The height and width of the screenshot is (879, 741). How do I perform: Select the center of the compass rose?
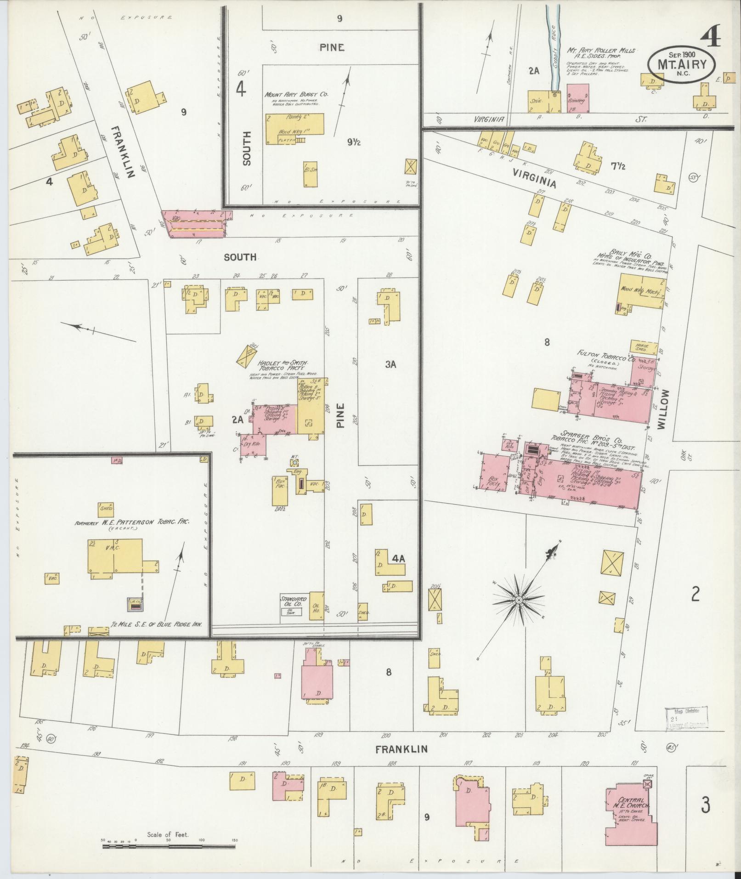pyautogui.click(x=518, y=600)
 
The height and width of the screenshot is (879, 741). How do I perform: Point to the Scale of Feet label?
pyautogui.click(x=168, y=834)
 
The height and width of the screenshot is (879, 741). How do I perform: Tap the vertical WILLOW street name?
pyautogui.click(x=662, y=409)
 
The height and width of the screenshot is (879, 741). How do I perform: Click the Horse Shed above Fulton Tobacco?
pyautogui.click(x=641, y=347)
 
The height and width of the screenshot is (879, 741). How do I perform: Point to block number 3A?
pyautogui.click(x=390, y=364)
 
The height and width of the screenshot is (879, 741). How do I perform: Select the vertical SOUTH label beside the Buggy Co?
pyautogui.click(x=247, y=148)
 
